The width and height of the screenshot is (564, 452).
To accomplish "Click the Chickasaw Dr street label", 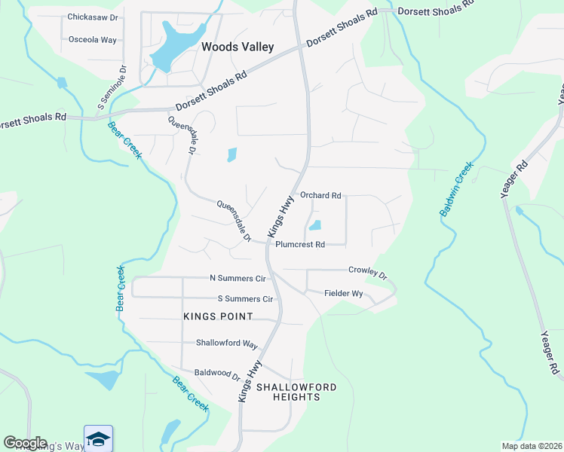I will click(x=92, y=17).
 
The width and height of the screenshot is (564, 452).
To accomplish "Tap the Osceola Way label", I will click(x=92, y=39).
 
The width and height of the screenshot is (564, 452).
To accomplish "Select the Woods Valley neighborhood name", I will click(x=238, y=47).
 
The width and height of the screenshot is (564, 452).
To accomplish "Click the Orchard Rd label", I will click(x=320, y=196).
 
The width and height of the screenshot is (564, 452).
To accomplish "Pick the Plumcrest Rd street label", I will click(x=300, y=245).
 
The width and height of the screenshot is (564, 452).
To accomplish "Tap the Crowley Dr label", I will click(x=366, y=272).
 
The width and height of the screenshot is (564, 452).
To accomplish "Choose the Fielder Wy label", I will click(x=344, y=293).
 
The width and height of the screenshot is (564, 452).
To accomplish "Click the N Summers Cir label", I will click(x=238, y=279).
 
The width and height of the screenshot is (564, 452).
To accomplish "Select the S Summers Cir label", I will click(x=244, y=299).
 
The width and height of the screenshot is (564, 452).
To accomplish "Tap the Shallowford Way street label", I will click(x=227, y=343).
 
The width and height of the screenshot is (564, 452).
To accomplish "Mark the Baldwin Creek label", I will click(x=456, y=190).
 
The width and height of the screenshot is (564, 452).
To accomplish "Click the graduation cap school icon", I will click(x=98, y=438).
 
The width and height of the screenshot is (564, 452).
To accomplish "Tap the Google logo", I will click(x=24, y=443).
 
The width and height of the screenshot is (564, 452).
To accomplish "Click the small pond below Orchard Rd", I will click(x=315, y=224).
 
